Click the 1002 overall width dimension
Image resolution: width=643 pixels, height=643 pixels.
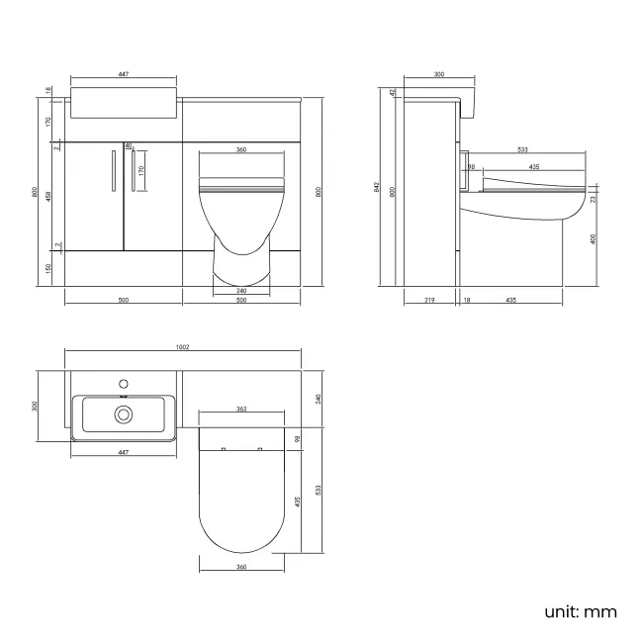[183, 347]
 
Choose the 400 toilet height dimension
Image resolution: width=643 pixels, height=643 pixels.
[593, 238]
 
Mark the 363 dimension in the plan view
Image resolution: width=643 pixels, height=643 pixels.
[241, 408]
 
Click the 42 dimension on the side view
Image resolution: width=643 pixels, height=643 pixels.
[393, 92]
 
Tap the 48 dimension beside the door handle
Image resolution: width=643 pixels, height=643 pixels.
[128, 146]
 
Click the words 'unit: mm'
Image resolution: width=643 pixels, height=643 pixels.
[580, 611]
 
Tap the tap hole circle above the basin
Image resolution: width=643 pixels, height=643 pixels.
[124, 382]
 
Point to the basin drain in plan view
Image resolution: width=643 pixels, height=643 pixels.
[124, 414]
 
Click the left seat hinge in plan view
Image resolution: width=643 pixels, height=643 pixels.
[225, 449]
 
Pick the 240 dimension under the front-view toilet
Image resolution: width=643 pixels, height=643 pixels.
[241, 290]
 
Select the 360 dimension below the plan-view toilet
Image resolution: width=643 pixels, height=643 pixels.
[241, 567]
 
